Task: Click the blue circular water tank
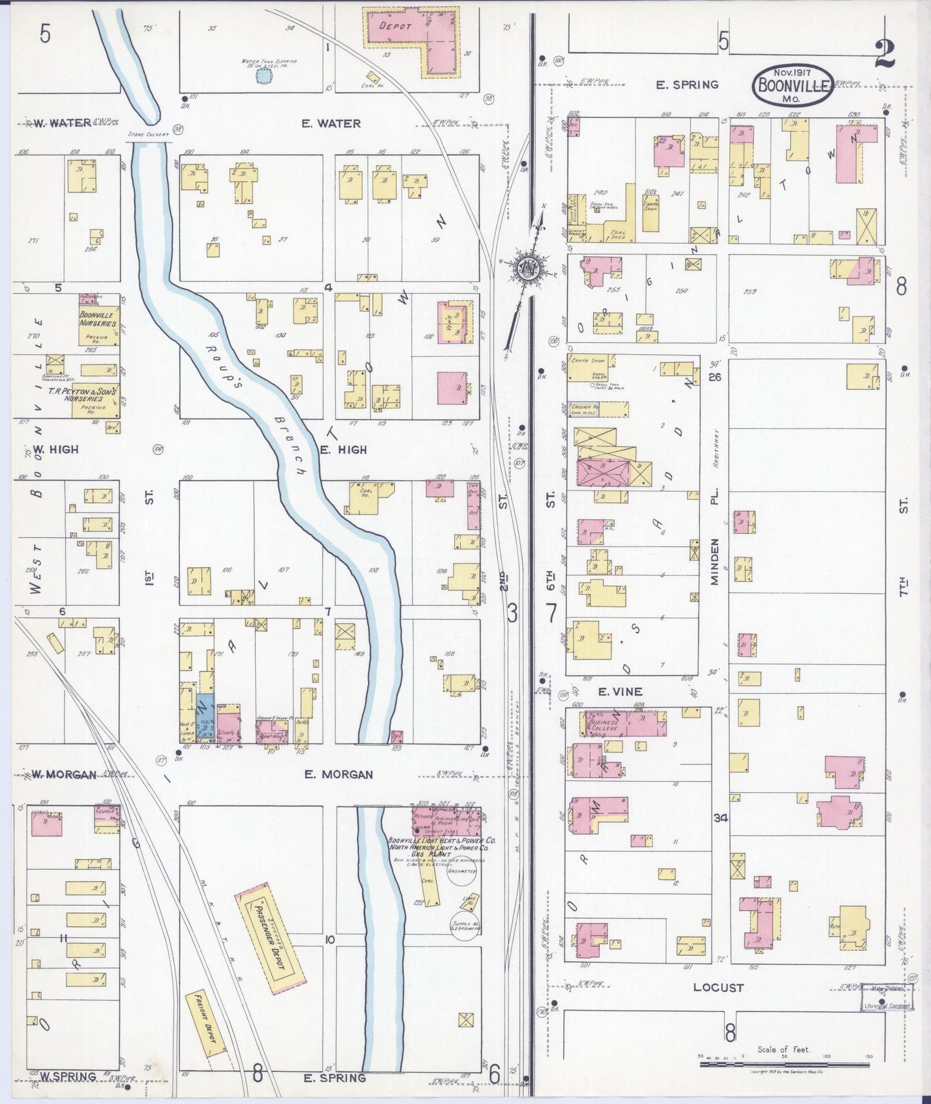pyautogui.click(x=262, y=76)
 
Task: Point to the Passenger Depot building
pyautogui.click(x=270, y=931)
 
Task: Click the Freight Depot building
pyautogui.click(x=206, y=1025)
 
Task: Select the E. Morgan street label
pyautogui.click(x=338, y=774)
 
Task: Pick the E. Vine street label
pyautogui.click(x=620, y=692)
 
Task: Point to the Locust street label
pyautogui.click(x=718, y=987)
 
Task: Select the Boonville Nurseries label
pyautogui.click(x=98, y=319)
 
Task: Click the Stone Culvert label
pyautogui.click(x=148, y=135)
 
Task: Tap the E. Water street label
pyautogui.click(x=331, y=123)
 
